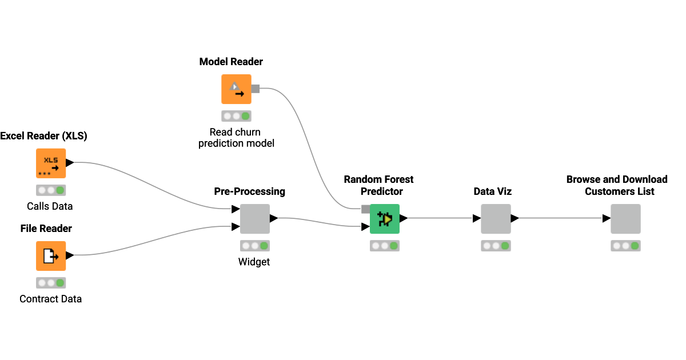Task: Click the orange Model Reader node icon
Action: pos(236,89)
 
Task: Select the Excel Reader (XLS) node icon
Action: pos(51,163)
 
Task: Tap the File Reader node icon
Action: pos(51,256)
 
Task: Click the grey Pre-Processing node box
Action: pos(255,219)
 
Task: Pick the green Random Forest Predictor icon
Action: pos(385,219)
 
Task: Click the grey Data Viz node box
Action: pos(495,219)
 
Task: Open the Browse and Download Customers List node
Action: pos(625,219)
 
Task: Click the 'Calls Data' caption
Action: pos(50,206)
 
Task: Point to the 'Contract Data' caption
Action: pos(50,299)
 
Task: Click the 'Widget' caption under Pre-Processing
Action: pos(254,262)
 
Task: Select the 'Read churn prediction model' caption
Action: pos(236,138)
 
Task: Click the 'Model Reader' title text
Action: pos(231,62)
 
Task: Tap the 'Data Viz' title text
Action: pos(492,191)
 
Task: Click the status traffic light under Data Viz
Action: pos(495,246)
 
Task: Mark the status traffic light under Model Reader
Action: pos(236,116)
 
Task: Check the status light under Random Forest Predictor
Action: pos(385,246)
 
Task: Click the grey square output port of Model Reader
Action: pos(256,89)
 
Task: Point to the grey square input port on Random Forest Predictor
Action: pos(365,209)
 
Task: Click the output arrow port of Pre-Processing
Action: pos(273,218)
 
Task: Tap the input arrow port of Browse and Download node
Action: pos(606,218)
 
